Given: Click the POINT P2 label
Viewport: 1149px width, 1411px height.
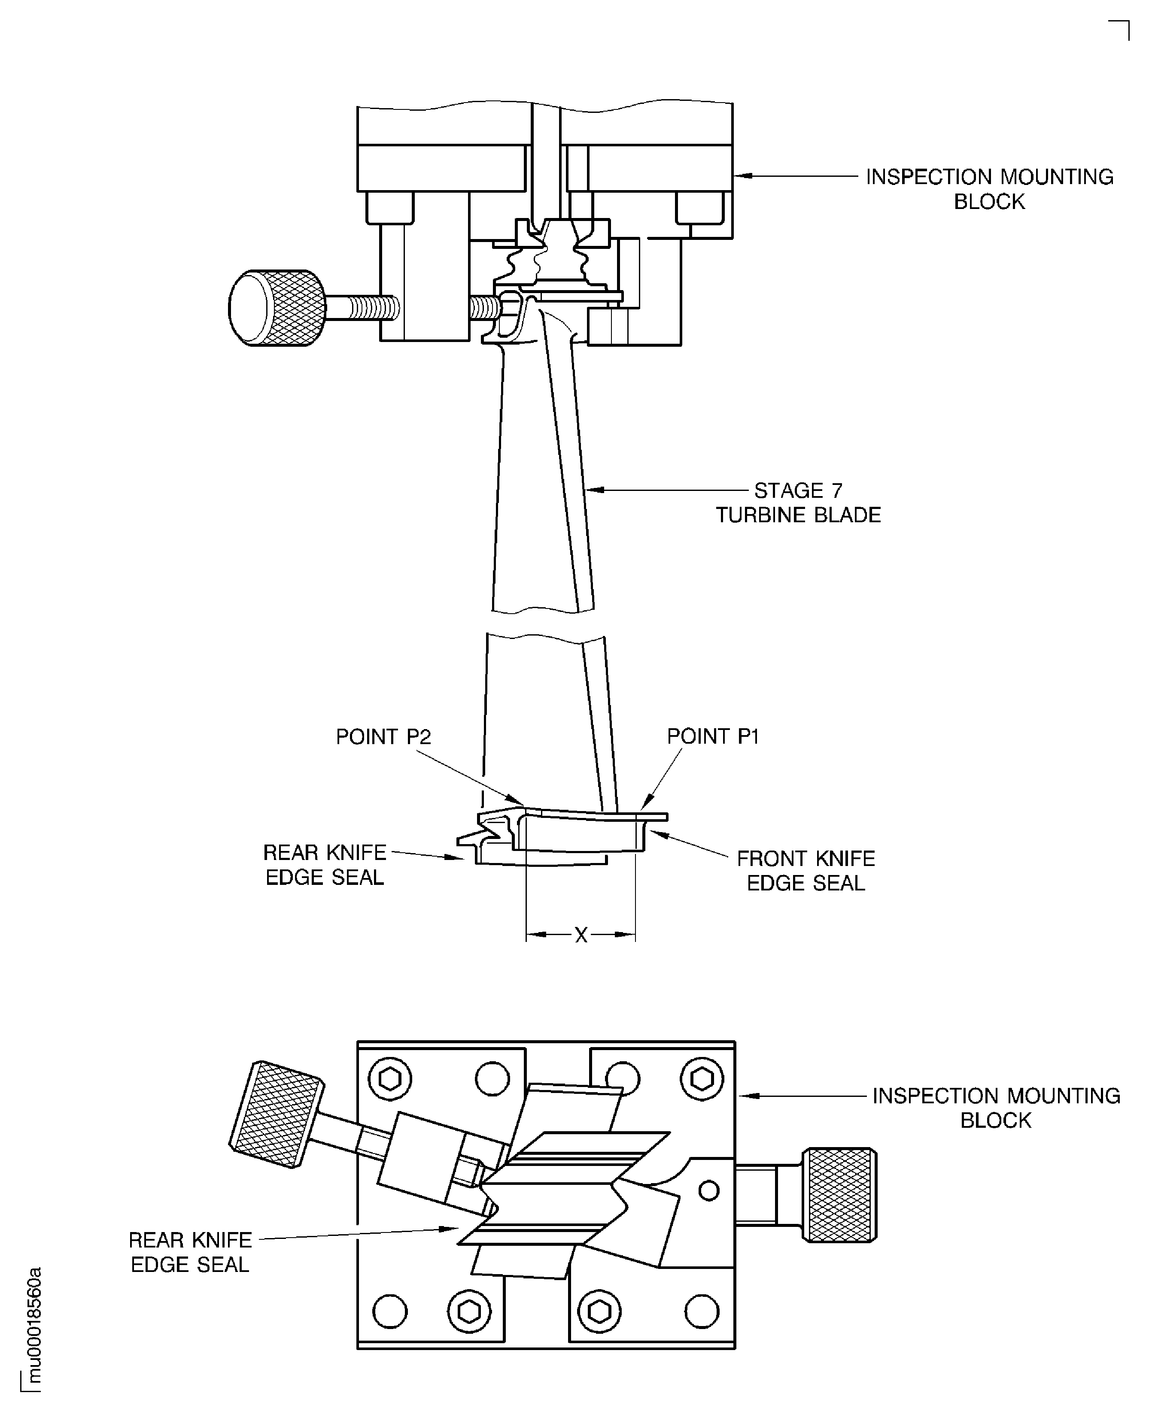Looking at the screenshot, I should (383, 736).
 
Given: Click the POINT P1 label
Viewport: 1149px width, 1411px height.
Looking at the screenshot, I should (712, 736).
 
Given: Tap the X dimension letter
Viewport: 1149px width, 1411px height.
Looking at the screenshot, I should (581, 935).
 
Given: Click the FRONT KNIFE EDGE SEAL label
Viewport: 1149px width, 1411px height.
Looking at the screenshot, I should (806, 871).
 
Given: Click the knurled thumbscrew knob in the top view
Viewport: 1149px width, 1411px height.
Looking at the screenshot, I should (278, 308).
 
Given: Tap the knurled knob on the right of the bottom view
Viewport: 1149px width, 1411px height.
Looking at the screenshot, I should (839, 1195).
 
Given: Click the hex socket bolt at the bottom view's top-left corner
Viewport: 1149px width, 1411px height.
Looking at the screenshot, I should (390, 1080).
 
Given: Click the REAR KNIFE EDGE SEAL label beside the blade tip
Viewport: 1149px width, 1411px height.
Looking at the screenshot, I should (324, 865).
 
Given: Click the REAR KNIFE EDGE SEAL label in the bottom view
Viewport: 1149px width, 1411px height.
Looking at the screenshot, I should (190, 1252).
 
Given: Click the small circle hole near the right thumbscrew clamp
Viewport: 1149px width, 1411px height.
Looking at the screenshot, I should (709, 1191).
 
